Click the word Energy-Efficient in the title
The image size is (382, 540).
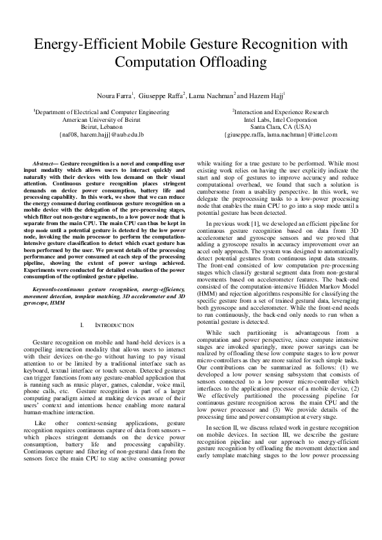[x=82, y=45]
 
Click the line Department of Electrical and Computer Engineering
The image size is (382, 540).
[x=102, y=112]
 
